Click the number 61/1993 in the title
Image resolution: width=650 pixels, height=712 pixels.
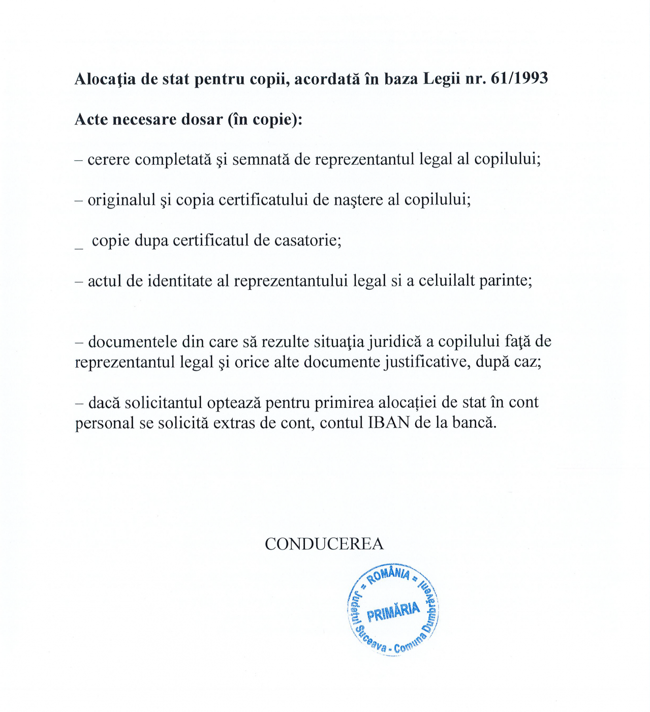[519, 78]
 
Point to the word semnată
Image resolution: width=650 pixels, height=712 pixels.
[261, 160]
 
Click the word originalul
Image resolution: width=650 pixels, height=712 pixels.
[121, 200]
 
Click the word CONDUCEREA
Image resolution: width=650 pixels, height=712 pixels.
[324, 544]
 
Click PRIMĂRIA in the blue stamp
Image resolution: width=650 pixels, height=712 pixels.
[393, 612]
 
